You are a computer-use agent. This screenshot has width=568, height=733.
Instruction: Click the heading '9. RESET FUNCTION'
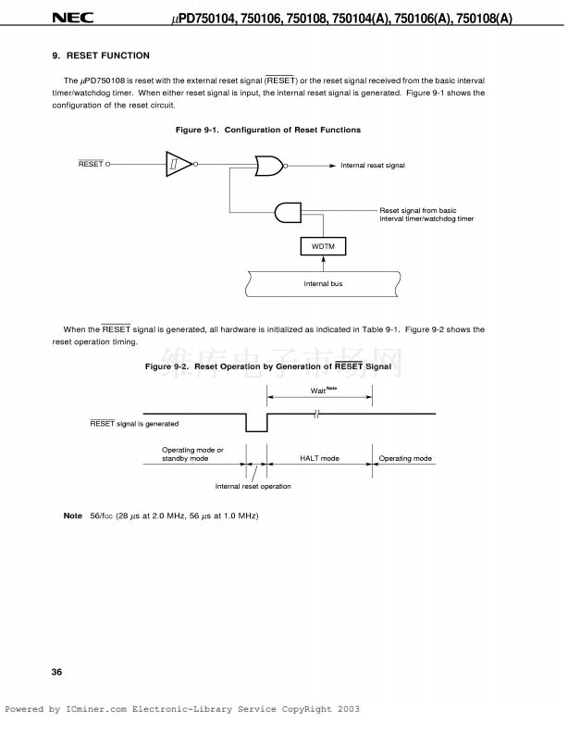click(101, 56)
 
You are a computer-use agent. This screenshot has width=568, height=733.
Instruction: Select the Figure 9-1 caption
click(268, 130)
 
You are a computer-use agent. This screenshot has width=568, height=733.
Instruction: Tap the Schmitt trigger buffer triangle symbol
click(179, 165)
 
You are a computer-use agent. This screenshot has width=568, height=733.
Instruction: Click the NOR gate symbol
click(269, 165)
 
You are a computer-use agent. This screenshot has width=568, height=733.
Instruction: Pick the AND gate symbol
click(288, 212)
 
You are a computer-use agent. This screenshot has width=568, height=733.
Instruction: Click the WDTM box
click(323, 246)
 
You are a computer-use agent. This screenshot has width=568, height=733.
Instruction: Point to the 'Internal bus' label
click(323, 283)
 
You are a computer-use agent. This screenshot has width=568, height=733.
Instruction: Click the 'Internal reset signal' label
click(373, 166)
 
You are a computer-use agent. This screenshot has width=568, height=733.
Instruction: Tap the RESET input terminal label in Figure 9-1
click(91, 165)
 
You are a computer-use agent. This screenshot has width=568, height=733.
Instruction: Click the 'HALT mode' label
click(319, 459)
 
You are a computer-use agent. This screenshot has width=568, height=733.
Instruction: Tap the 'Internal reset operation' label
click(253, 486)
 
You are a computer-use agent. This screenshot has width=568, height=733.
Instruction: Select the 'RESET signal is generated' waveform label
click(134, 424)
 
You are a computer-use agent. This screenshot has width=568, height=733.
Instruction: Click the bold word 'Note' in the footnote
click(72, 516)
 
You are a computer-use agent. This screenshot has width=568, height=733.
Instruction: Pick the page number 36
click(57, 672)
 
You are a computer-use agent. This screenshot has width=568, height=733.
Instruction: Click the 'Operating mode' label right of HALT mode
click(406, 459)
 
